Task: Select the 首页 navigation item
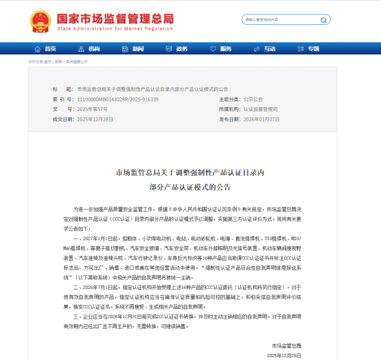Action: click(x=46, y=49)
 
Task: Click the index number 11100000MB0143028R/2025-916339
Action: click(x=117, y=99)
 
